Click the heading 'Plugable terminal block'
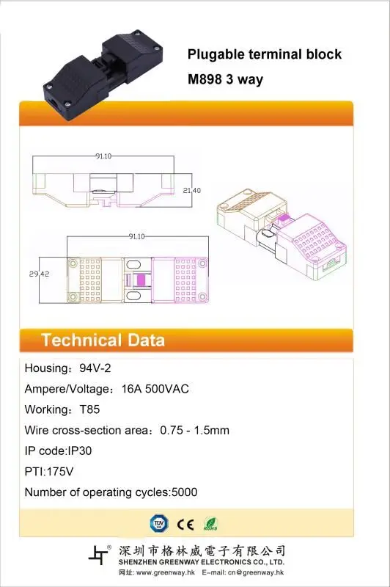point(265,54)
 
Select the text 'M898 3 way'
point(225,79)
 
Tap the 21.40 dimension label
point(192,191)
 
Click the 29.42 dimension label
point(40,274)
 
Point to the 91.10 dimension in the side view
point(103,156)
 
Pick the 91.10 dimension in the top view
point(136,236)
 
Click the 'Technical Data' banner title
point(103,340)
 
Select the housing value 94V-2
point(95,368)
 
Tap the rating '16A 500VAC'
point(155,389)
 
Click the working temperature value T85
point(89,409)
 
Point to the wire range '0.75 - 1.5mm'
point(194,430)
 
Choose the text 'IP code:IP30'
point(58,451)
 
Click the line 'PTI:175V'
point(49,471)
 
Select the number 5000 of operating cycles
point(184,492)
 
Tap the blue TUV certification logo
point(159,524)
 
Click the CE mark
point(185,525)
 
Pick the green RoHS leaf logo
point(210,524)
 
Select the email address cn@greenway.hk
point(256,572)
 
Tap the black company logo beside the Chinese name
point(100,555)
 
